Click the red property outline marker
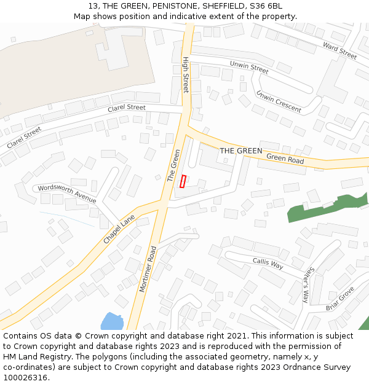point(183,182)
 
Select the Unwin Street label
point(249,67)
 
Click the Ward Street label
point(339,51)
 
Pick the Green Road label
point(285,159)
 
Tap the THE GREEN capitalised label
point(241,151)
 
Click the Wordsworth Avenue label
point(67,194)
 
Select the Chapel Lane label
point(119,229)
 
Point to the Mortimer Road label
point(148,268)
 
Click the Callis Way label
point(268,263)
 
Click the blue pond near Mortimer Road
point(112,321)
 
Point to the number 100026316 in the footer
point(25,378)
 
